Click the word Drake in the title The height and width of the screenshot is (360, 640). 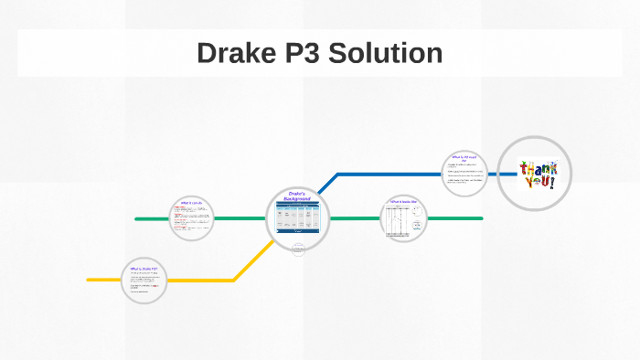click(x=235, y=53)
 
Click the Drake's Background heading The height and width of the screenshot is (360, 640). click(x=298, y=196)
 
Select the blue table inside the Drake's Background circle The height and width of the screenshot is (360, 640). click(x=298, y=217)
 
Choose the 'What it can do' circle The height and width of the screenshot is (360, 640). click(x=191, y=218)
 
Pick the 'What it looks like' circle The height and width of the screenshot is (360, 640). click(x=403, y=219)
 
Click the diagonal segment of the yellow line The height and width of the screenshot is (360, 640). click(x=249, y=264)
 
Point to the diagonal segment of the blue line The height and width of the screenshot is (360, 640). click(x=326, y=184)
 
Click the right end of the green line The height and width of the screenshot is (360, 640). click(x=480, y=218)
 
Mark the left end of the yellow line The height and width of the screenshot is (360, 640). click(x=90, y=279)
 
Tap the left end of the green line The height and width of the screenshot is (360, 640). click(x=137, y=218)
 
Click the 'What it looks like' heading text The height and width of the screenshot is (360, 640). click(x=403, y=201)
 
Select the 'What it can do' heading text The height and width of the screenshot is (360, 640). click(x=191, y=202)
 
